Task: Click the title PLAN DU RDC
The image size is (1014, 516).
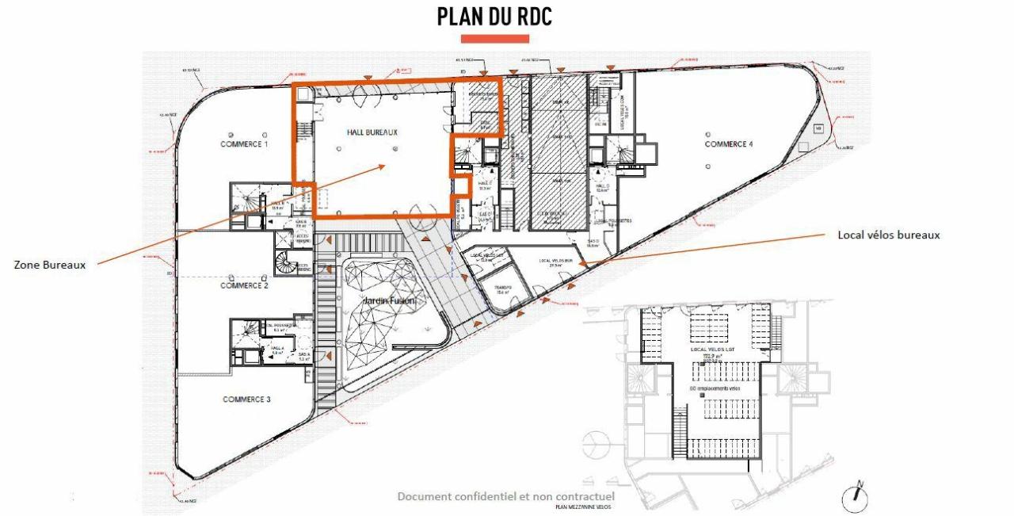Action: (494, 17)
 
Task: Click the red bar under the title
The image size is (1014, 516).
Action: (494, 38)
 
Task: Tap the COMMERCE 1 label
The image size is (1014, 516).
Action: (244, 144)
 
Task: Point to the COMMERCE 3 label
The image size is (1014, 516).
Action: (246, 399)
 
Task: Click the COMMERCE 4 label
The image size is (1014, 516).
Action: (728, 144)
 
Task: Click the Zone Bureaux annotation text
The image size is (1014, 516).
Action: (50, 265)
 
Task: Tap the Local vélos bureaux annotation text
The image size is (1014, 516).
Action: (889, 235)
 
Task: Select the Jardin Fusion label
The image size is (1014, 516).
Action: (383, 301)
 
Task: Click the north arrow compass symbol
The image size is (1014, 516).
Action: (856, 497)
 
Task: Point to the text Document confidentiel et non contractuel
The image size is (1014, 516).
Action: (505, 497)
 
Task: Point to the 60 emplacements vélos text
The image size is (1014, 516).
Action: (715, 388)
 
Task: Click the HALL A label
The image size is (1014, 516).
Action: (277, 348)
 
